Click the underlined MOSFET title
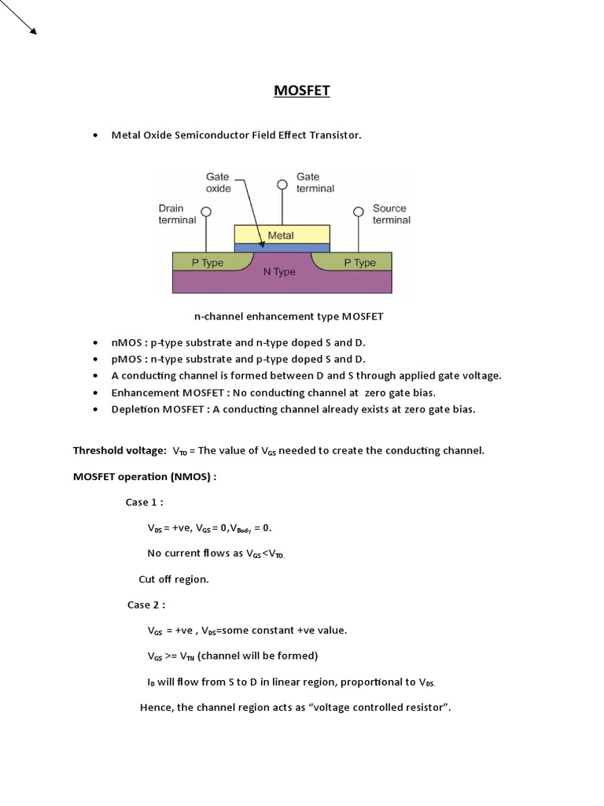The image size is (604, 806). pos(302,91)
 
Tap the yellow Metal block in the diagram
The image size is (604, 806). pos(282,235)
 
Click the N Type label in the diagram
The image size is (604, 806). pos(279,272)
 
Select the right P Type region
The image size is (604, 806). pos(360,263)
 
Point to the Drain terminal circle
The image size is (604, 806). pos(206,212)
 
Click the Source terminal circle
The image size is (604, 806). pos(358,212)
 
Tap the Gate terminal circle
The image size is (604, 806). pos(282,185)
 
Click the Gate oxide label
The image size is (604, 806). pos(218,183)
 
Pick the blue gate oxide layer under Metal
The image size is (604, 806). pos(282,247)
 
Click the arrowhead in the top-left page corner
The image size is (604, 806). pos(32,31)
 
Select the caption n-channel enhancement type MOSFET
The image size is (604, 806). pos(289,316)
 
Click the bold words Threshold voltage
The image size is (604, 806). pos(120,451)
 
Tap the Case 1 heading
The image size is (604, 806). pos(144,502)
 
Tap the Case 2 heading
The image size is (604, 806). pos(145,604)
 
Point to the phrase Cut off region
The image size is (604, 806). pos(174,579)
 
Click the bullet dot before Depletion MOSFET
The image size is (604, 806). pos(95,409)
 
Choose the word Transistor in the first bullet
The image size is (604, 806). pos(334,135)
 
